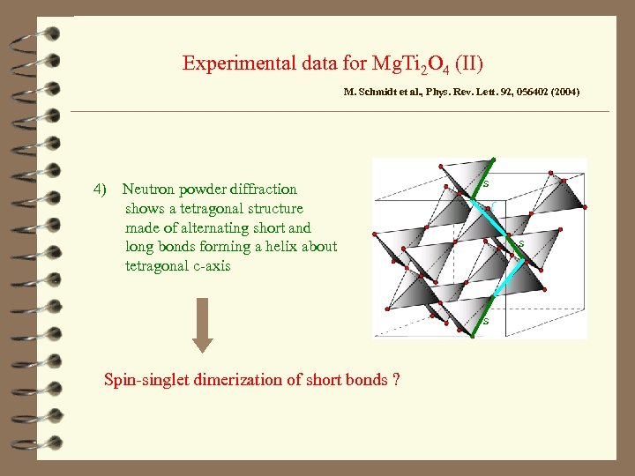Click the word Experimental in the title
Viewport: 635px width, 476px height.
pos(232,63)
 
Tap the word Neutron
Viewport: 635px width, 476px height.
pos(148,189)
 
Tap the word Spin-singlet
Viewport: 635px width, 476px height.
pos(144,380)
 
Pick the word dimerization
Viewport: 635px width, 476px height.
pos(228,380)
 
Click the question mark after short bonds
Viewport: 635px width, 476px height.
pos(397,380)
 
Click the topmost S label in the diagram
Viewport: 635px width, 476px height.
pos(485,183)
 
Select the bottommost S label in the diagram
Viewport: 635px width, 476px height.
pos(485,321)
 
